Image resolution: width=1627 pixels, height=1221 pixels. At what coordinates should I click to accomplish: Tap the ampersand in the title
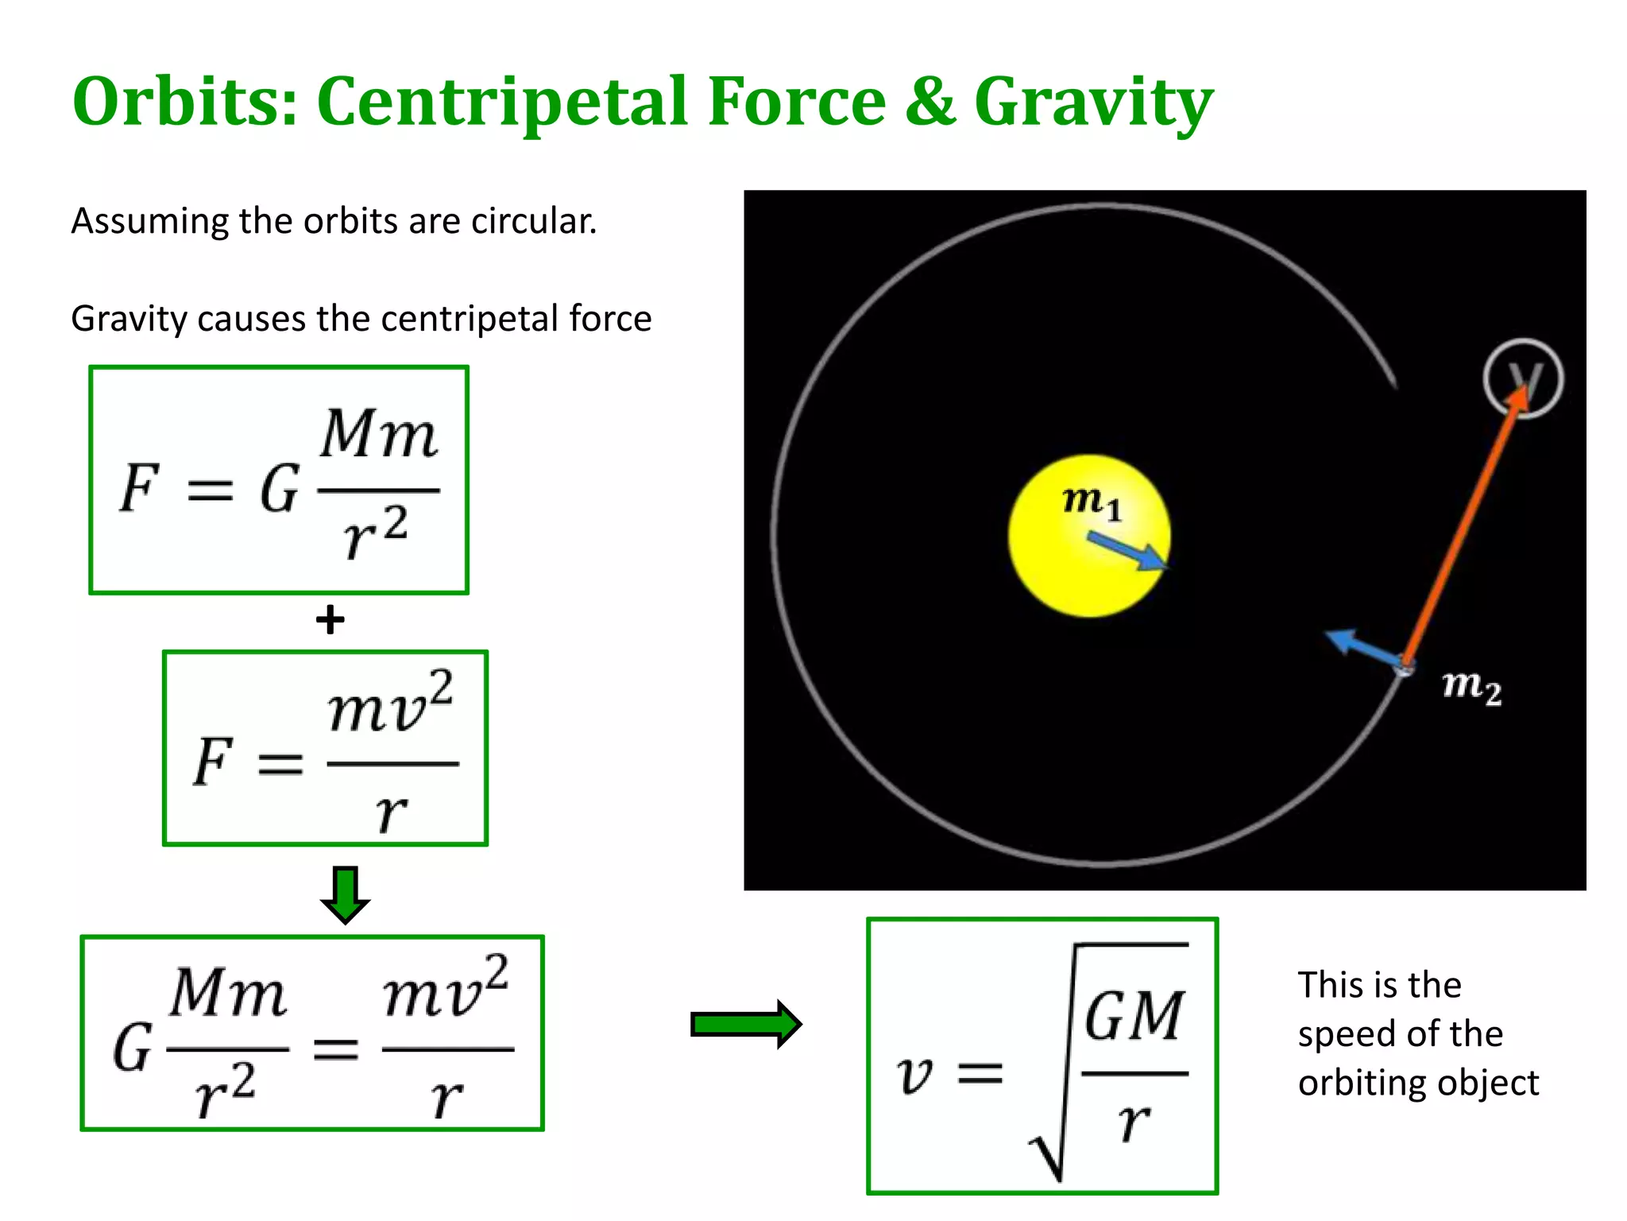(929, 102)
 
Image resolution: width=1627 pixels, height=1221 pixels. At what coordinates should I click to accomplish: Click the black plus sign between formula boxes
(330, 619)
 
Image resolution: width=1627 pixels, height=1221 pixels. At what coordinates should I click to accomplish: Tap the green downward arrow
(345, 894)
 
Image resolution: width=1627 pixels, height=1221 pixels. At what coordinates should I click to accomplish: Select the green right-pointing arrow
(746, 1024)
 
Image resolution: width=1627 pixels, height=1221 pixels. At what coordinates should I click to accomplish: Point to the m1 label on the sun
(1092, 502)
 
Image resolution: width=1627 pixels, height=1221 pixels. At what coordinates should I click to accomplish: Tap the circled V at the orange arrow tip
(1523, 378)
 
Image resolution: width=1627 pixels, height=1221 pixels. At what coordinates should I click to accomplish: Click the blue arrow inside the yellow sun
(1128, 551)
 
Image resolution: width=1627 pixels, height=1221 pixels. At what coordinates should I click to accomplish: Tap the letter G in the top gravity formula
(279, 489)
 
